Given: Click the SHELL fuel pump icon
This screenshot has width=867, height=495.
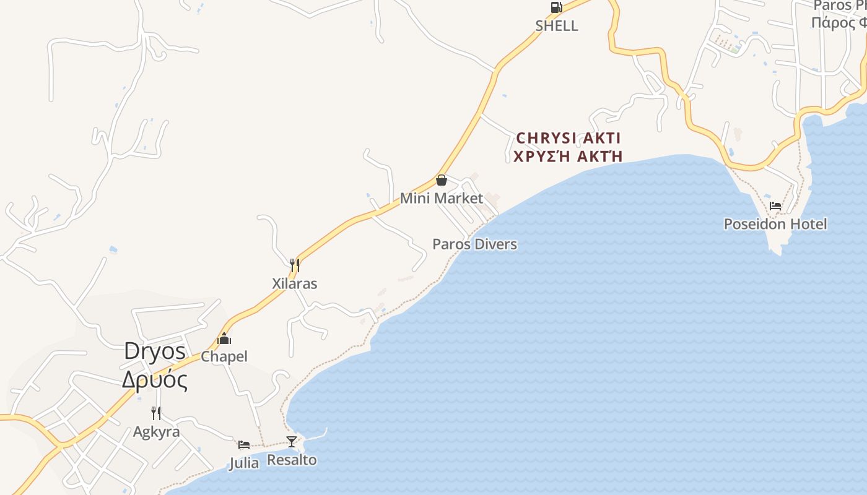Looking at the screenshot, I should [x=556, y=7].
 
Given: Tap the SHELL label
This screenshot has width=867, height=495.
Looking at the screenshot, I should [x=557, y=26].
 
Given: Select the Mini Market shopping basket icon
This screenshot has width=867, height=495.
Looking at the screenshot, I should [x=442, y=180].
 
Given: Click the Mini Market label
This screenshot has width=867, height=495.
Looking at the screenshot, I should [x=441, y=199].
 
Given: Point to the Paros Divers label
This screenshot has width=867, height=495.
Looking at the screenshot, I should [x=474, y=244].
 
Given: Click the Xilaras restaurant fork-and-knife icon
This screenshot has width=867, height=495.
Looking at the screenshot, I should [x=295, y=265].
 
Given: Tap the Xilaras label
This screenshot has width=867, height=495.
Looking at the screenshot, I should [x=295, y=284].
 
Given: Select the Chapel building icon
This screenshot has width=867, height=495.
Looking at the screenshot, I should [x=224, y=338].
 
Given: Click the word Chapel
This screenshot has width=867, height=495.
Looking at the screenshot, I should [x=224, y=357].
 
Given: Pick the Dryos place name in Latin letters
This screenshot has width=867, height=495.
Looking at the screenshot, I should [x=155, y=351].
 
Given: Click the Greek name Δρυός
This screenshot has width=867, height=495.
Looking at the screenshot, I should [x=155, y=380].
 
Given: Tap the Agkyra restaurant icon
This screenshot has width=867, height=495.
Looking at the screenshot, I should [x=156, y=413].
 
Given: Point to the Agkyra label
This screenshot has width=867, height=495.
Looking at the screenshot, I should [x=156, y=432].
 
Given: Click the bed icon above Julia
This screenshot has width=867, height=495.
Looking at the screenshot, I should [x=244, y=444].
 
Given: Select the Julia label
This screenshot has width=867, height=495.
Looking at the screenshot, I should [x=244, y=463].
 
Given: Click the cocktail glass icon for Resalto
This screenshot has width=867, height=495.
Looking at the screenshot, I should [x=292, y=441].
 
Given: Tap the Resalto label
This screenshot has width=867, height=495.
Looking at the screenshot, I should [x=292, y=460].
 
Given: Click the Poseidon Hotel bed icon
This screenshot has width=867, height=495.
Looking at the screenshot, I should [x=775, y=206].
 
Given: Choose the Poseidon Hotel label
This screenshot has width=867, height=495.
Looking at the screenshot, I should [x=775, y=224].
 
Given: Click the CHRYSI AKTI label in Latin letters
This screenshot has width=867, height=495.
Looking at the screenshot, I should [x=569, y=137].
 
